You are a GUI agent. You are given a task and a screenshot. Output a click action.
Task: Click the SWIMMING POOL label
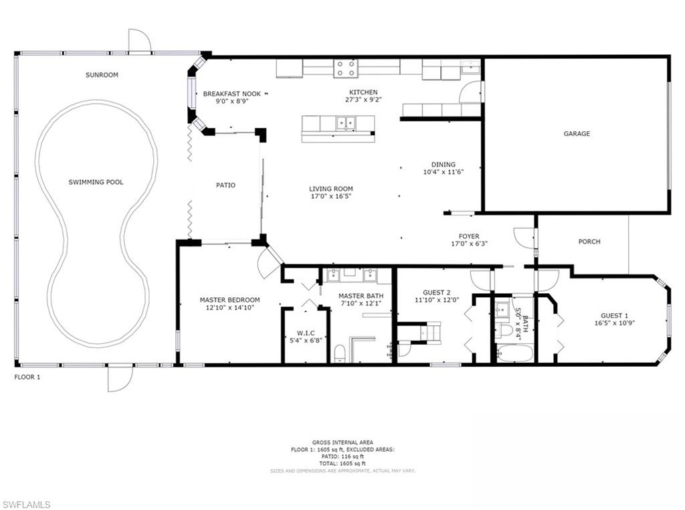(96, 182)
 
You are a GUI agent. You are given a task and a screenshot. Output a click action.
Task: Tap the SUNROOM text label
(102, 75)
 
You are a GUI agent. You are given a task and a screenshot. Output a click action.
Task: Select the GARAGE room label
(577, 134)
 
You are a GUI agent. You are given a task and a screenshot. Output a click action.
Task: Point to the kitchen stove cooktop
(346, 68)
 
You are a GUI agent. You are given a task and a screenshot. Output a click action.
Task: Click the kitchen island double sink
(346, 122)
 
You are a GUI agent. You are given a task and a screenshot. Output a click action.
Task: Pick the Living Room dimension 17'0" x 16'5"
(330, 197)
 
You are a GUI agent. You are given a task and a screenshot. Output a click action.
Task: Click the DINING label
(443, 165)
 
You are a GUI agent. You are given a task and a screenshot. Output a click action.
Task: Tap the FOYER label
(468, 236)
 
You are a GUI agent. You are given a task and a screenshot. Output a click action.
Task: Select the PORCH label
(589, 242)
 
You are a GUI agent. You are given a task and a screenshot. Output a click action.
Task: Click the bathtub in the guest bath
(514, 353)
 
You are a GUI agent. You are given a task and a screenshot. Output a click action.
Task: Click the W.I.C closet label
(305, 333)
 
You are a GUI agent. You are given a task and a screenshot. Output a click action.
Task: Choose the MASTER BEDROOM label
(229, 300)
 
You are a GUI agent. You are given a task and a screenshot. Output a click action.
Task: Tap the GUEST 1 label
(614, 315)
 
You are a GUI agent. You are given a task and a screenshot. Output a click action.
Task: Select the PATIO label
(225, 185)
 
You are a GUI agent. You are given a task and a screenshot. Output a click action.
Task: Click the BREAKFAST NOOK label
(232, 94)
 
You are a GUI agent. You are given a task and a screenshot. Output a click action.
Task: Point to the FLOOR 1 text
(27, 377)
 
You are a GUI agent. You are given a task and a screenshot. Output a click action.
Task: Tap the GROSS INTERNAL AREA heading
(342, 442)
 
